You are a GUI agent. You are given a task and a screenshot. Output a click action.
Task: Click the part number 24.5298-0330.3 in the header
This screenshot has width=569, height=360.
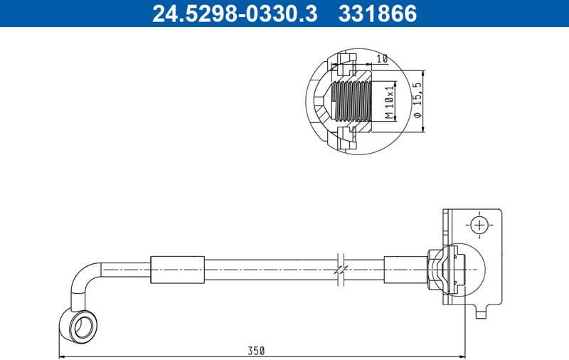235,14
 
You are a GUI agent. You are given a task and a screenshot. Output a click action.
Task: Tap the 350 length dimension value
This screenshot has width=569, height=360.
257,350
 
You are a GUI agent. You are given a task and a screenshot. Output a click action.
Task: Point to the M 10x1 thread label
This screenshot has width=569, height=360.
389,102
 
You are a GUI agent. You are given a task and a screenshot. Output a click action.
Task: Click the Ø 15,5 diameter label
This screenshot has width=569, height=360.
418,101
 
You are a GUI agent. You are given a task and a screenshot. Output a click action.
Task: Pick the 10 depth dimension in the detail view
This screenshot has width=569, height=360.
382,60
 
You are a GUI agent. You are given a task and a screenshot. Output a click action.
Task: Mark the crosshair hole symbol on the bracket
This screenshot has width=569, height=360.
481,226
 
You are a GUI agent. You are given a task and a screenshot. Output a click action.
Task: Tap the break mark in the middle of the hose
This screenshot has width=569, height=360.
341,270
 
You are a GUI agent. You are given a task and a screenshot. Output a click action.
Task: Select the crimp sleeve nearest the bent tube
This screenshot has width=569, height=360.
177,270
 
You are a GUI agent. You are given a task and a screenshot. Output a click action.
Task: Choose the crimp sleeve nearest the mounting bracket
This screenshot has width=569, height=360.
404,270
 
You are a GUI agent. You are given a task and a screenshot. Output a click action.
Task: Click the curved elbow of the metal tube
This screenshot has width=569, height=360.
83,277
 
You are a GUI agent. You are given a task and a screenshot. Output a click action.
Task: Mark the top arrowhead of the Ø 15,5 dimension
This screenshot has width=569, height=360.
424,73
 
